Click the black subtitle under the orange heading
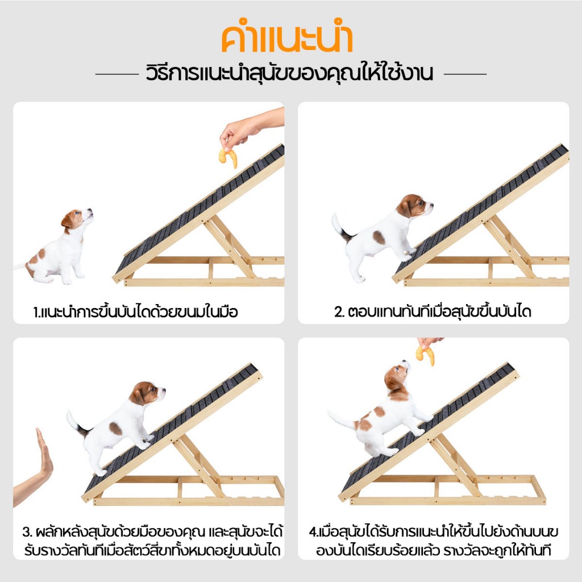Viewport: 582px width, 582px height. tap(290, 74)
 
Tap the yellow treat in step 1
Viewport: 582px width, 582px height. tap(228, 157)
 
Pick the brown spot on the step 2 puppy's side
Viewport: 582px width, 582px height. tap(379, 238)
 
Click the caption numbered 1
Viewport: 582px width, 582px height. tap(135, 312)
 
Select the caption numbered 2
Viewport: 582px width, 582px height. tap(433, 312)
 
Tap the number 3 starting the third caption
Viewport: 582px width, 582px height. tap(27, 532)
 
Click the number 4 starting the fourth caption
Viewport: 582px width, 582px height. tap(313, 532)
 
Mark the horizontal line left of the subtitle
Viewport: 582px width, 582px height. tap(117, 74)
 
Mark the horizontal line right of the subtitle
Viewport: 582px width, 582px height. tap(465, 74)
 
